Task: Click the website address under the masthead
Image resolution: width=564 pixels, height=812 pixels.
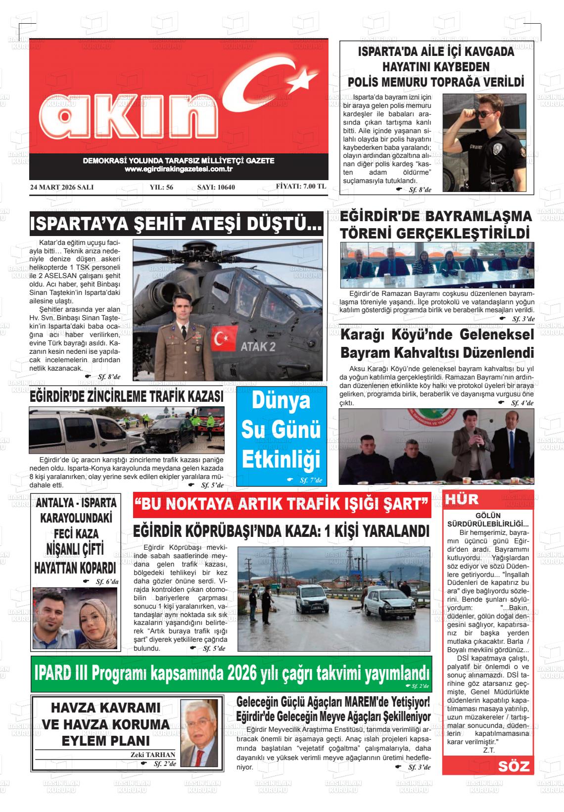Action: click(x=179, y=169)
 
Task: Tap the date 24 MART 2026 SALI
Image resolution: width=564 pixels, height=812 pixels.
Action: click(x=62, y=188)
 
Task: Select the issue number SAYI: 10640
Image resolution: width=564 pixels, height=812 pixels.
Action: click(x=216, y=188)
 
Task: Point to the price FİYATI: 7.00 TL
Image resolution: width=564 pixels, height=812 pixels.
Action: click(x=301, y=187)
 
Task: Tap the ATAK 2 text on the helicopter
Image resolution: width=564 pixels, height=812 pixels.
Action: click(x=258, y=346)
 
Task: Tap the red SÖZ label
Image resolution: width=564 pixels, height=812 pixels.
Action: click(x=514, y=766)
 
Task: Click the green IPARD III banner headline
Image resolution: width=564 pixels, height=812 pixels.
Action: click(x=231, y=673)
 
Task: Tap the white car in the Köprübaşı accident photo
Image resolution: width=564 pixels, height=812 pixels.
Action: click(x=391, y=604)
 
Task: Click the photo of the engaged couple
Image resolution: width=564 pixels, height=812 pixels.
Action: click(x=76, y=618)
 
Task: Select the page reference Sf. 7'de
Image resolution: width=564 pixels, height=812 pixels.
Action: click(x=310, y=480)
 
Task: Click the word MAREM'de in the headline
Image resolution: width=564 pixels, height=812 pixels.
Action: click(x=372, y=702)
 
